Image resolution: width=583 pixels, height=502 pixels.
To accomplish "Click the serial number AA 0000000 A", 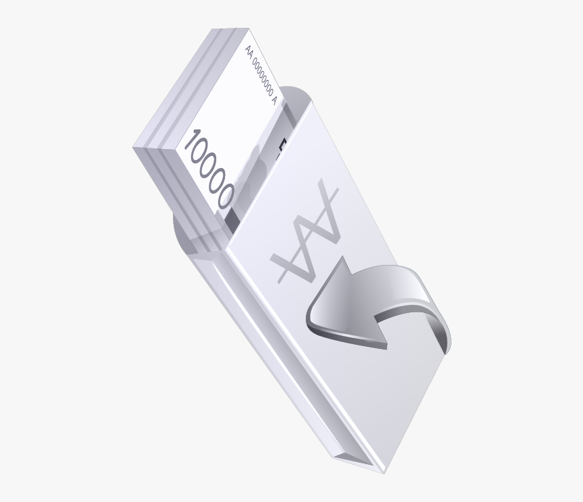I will coord(261,73).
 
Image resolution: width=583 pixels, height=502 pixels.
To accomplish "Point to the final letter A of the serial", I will coord(273,100).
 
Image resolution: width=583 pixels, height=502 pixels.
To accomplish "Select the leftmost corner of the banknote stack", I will coord(134,146).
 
